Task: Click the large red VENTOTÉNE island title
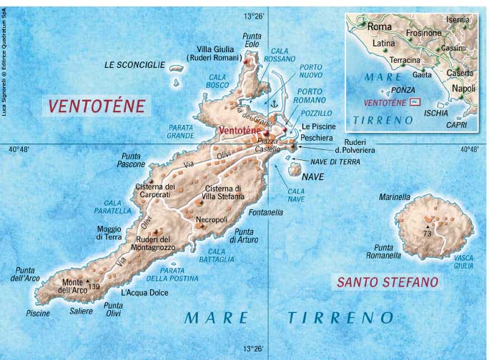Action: click(x=97, y=107)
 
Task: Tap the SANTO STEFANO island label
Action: click(x=387, y=283)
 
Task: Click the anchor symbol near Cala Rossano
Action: click(x=271, y=105)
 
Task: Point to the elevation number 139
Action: click(x=94, y=286)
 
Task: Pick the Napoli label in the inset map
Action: click(x=463, y=88)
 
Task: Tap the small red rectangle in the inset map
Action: click(x=415, y=102)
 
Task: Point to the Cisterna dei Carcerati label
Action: click(x=155, y=191)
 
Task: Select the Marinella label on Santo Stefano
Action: click(x=395, y=197)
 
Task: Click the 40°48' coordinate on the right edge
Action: click(x=469, y=150)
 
